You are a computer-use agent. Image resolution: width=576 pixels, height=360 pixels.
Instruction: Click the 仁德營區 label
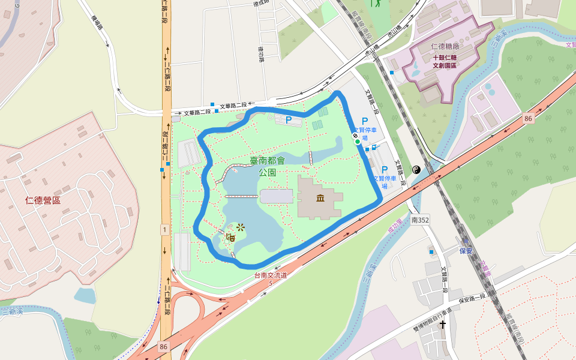click(43, 200)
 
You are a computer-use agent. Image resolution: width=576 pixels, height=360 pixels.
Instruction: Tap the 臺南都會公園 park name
click(267, 166)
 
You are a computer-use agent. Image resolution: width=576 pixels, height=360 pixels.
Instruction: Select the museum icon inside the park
click(321, 199)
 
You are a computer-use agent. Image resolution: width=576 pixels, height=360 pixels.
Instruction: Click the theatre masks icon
click(229, 237)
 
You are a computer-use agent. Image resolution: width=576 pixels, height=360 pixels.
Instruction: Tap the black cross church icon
click(443, 325)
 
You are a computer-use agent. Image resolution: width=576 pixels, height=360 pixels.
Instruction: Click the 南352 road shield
click(420, 220)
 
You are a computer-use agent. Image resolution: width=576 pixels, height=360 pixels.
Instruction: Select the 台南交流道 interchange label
click(271, 275)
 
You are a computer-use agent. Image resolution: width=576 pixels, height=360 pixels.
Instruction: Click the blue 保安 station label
click(466, 250)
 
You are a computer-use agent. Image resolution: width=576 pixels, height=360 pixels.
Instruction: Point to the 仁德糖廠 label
click(445, 47)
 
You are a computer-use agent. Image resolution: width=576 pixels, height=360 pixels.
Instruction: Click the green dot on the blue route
click(358, 142)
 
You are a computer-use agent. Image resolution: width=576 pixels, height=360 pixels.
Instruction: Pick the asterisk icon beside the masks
click(241, 227)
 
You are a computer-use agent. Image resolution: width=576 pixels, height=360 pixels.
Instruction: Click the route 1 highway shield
click(164, 229)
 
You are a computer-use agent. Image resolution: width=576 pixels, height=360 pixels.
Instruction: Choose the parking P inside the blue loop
click(289, 120)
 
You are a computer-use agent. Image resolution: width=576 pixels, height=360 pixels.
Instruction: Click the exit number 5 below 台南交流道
click(271, 283)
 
